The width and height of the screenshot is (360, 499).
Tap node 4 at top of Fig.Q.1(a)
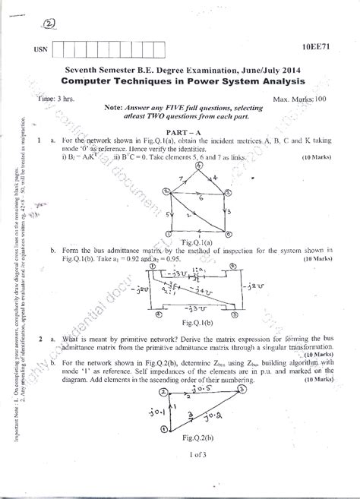pos(214,157)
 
